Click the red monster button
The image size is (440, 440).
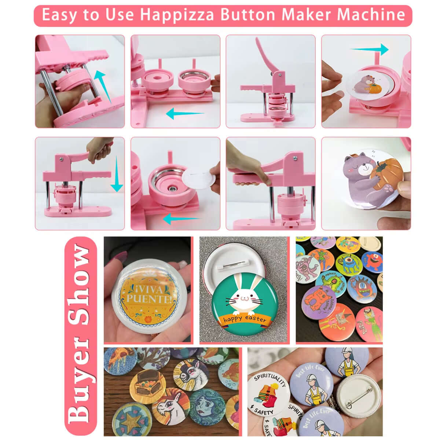coord(373,261)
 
